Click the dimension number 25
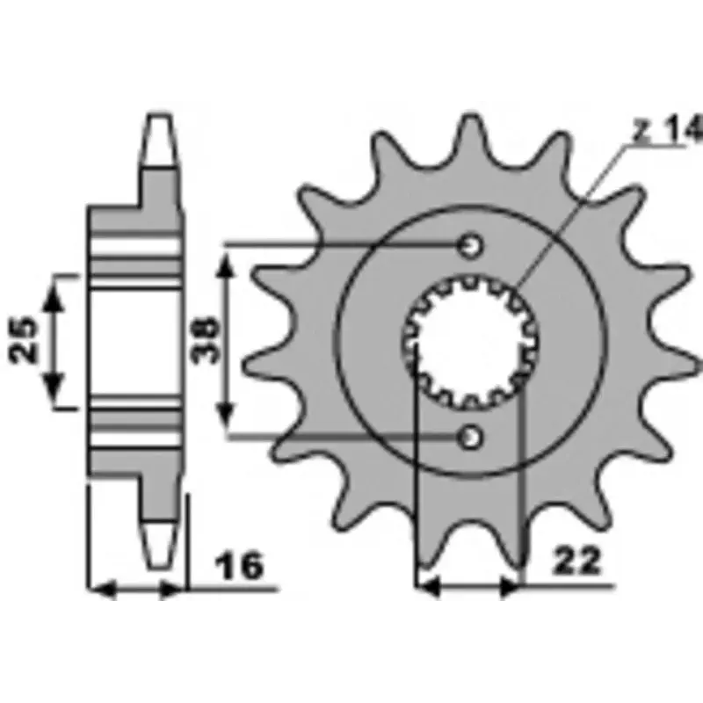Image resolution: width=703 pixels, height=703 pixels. pyautogui.click(x=24, y=340)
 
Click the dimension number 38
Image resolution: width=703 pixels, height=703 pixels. pyautogui.click(x=206, y=340)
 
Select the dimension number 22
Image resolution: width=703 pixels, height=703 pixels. pyautogui.click(x=576, y=560)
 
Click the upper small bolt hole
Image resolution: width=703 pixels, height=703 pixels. pyautogui.click(x=470, y=246)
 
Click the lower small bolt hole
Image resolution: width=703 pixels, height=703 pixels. pyautogui.click(x=470, y=437)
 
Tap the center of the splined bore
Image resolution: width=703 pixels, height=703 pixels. pyautogui.click(x=470, y=343)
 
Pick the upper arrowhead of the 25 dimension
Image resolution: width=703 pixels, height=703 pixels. pyautogui.click(x=53, y=297)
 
